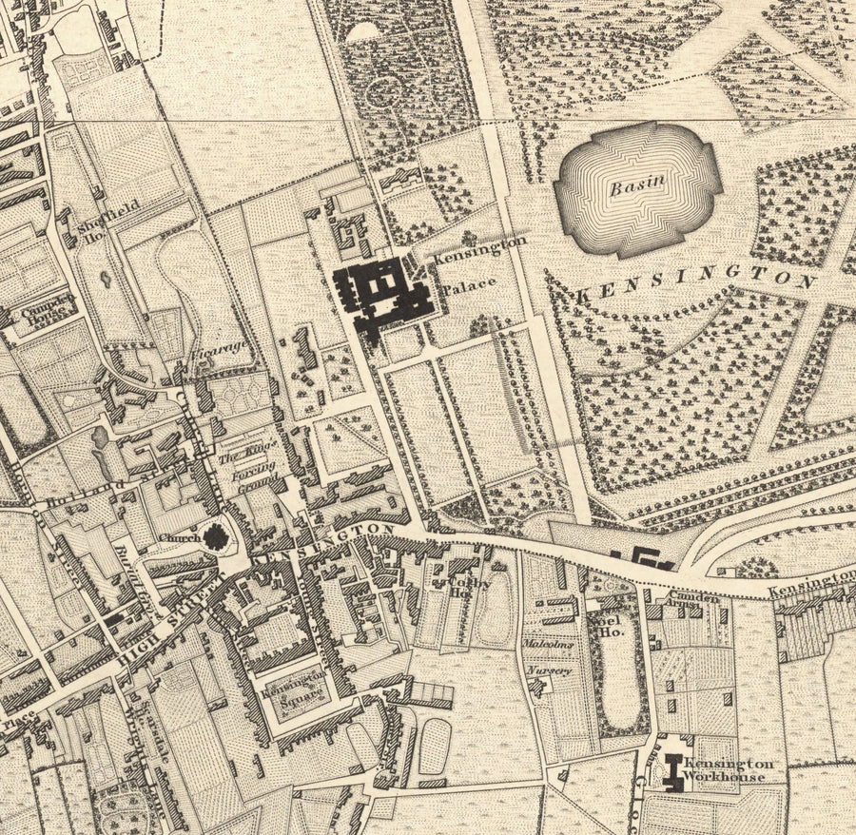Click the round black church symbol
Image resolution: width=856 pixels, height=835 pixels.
click(218, 538)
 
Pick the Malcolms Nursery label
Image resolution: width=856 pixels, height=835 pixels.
click(550, 656)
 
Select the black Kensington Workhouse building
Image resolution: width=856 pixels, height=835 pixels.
click(676, 769)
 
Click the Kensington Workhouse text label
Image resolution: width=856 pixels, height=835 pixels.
click(728, 770)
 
